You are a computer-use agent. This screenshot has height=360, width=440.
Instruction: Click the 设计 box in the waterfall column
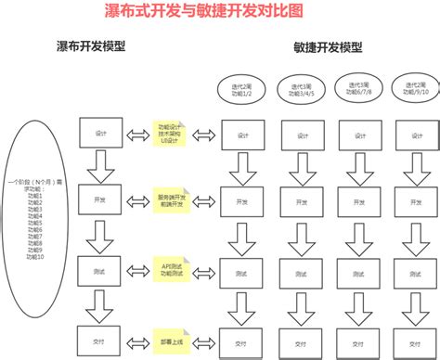(101, 134)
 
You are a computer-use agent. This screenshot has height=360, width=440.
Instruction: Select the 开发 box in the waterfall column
(101, 199)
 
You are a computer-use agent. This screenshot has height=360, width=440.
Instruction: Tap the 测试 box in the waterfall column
(101, 273)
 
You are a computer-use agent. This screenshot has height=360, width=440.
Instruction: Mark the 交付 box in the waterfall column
(101, 340)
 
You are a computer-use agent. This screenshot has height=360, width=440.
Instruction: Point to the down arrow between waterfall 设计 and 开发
(100, 168)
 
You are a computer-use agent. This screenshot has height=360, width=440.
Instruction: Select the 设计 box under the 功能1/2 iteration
(239, 133)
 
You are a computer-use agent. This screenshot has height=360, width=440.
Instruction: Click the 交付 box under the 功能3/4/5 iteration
(299, 341)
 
